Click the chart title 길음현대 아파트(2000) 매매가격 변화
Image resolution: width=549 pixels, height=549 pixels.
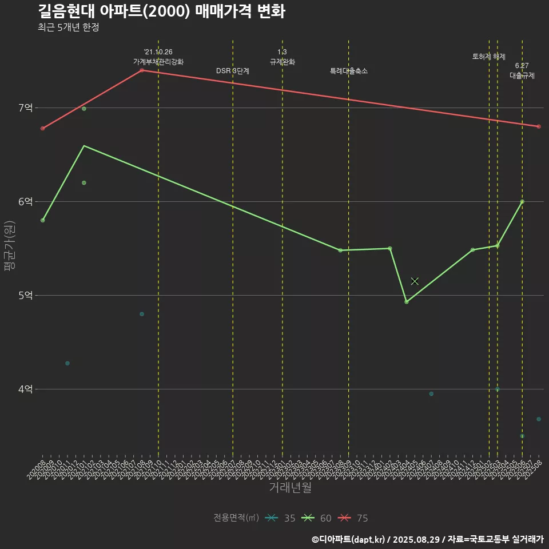tap(162, 11)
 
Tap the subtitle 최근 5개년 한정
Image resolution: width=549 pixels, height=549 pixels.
tap(69, 27)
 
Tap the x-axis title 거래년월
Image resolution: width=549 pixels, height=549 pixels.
tap(291, 488)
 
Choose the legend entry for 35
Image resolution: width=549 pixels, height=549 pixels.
tap(281, 518)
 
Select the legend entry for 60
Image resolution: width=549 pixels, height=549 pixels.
tap(317, 518)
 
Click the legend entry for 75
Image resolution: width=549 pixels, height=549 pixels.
tap(353, 518)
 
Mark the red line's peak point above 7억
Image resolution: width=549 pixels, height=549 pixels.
tap(142, 70)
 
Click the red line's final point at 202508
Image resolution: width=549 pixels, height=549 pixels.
tap(539, 126)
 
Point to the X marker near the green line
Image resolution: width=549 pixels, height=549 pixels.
tap(415, 281)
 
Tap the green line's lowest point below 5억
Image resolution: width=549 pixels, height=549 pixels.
tap(407, 301)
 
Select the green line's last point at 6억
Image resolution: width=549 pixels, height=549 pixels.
tap(522, 201)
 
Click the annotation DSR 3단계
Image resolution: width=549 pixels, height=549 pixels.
tap(233, 71)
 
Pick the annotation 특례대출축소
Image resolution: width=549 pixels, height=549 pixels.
tap(349, 71)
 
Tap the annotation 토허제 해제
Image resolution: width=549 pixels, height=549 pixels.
tap(489, 57)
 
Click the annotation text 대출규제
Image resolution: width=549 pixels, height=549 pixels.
tap(522, 75)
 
